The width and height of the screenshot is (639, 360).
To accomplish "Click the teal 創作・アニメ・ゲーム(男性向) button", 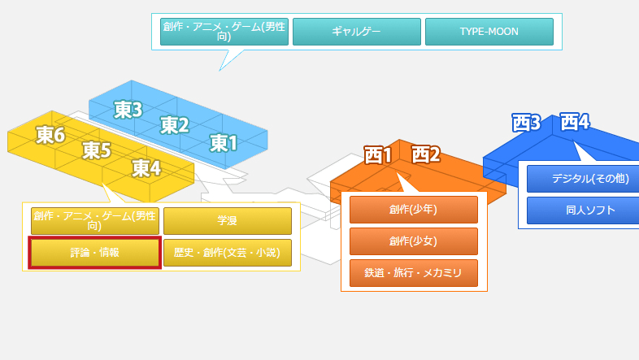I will click(x=224, y=32).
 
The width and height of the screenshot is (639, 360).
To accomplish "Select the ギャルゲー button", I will click(x=356, y=32).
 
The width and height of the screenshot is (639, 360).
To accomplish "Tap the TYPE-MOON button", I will click(x=489, y=32).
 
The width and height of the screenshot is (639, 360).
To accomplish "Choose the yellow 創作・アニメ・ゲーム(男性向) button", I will click(x=95, y=221).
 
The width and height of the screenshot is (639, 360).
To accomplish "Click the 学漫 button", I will click(x=227, y=221).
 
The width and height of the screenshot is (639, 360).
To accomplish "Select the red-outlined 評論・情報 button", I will click(x=95, y=253).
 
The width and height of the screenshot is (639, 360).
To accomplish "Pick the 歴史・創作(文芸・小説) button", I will click(x=227, y=253).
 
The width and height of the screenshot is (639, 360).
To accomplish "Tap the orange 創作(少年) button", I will click(x=413, y=210).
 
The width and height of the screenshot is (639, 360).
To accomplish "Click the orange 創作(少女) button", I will click(x=413, y=241).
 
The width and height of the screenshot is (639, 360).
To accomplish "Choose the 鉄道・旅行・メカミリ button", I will click(x=413, y=273).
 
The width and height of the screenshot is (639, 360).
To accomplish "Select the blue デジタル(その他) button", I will click(x=578, y=179).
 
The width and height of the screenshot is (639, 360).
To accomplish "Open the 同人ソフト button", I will click(x=578, y=210).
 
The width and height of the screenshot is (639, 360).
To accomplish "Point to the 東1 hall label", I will click(x=224, y=143).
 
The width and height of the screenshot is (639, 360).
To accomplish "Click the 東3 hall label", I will click(x=128, y=109).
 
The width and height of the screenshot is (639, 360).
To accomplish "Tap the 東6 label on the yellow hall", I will click(x=50, y=134).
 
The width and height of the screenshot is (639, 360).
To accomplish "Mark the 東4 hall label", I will click(x=146, y=168).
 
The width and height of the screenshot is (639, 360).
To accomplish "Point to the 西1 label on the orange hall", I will click(x=378, y=154).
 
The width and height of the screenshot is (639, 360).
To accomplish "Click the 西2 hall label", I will click(x=425, y=154).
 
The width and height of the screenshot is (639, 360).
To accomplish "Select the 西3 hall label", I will click(x=526, y=123).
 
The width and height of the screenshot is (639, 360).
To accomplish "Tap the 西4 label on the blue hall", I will click(x=575, y=122).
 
